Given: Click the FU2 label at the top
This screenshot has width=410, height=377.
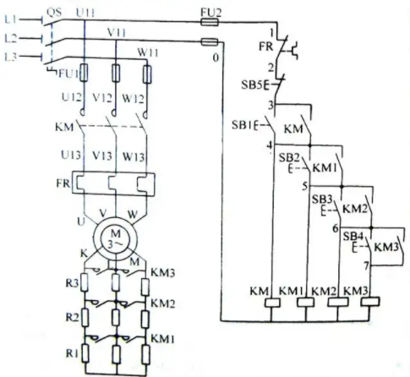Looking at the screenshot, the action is click(x=210, y=13).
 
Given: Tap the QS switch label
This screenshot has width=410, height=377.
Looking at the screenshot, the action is click(x=53, y=13).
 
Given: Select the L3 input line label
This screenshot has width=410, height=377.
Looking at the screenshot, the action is click(x=11, y=57).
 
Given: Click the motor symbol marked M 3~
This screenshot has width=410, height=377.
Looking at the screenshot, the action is click(x=116, y=238).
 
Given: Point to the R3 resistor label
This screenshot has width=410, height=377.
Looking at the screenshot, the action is click(x=72, y=282).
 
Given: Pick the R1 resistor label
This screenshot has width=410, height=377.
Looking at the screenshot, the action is click(x=72, y=353).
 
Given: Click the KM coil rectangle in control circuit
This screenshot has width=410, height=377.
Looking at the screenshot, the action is click(x=272, y=303).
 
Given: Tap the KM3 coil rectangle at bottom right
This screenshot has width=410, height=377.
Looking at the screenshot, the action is click(x=370, y=302).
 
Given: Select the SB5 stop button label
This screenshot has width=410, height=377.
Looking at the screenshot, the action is click(x=252, y=85).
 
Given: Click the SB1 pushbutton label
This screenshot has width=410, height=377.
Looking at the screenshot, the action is click(x=243, y=125).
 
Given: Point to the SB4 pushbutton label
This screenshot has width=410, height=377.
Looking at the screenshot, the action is click(x=353, y=236).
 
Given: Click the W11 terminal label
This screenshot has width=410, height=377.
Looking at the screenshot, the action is click(x=148, y=52).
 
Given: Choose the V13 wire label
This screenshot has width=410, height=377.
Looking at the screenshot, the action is click(x=102, y=156).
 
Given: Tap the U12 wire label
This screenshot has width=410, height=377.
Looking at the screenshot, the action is click(x=71, y=97).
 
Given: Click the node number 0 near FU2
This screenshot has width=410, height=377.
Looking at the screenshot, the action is click(x=216, y=58).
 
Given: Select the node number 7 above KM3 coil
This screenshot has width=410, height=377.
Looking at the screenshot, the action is click(x=366, y=265).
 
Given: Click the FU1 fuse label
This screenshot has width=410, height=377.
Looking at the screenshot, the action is click(x=68, y=74).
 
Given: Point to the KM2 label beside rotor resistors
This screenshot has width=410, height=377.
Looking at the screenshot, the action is click(x=163, y=303).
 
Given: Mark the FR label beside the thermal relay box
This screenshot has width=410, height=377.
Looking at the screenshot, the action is click(x=63, y=183).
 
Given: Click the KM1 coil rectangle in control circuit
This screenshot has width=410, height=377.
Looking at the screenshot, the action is click(x=306, y=303).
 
